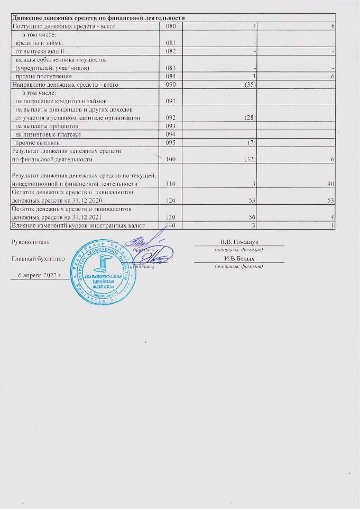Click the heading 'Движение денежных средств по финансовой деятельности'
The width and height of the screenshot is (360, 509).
[98, 18]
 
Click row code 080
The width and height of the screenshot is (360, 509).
[170, 26]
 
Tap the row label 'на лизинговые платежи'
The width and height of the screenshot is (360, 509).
[47, 135]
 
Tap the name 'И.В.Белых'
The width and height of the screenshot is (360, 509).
[239, 259]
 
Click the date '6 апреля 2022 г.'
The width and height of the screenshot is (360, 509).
[41, 276]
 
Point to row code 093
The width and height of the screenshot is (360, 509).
[170, 127]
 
